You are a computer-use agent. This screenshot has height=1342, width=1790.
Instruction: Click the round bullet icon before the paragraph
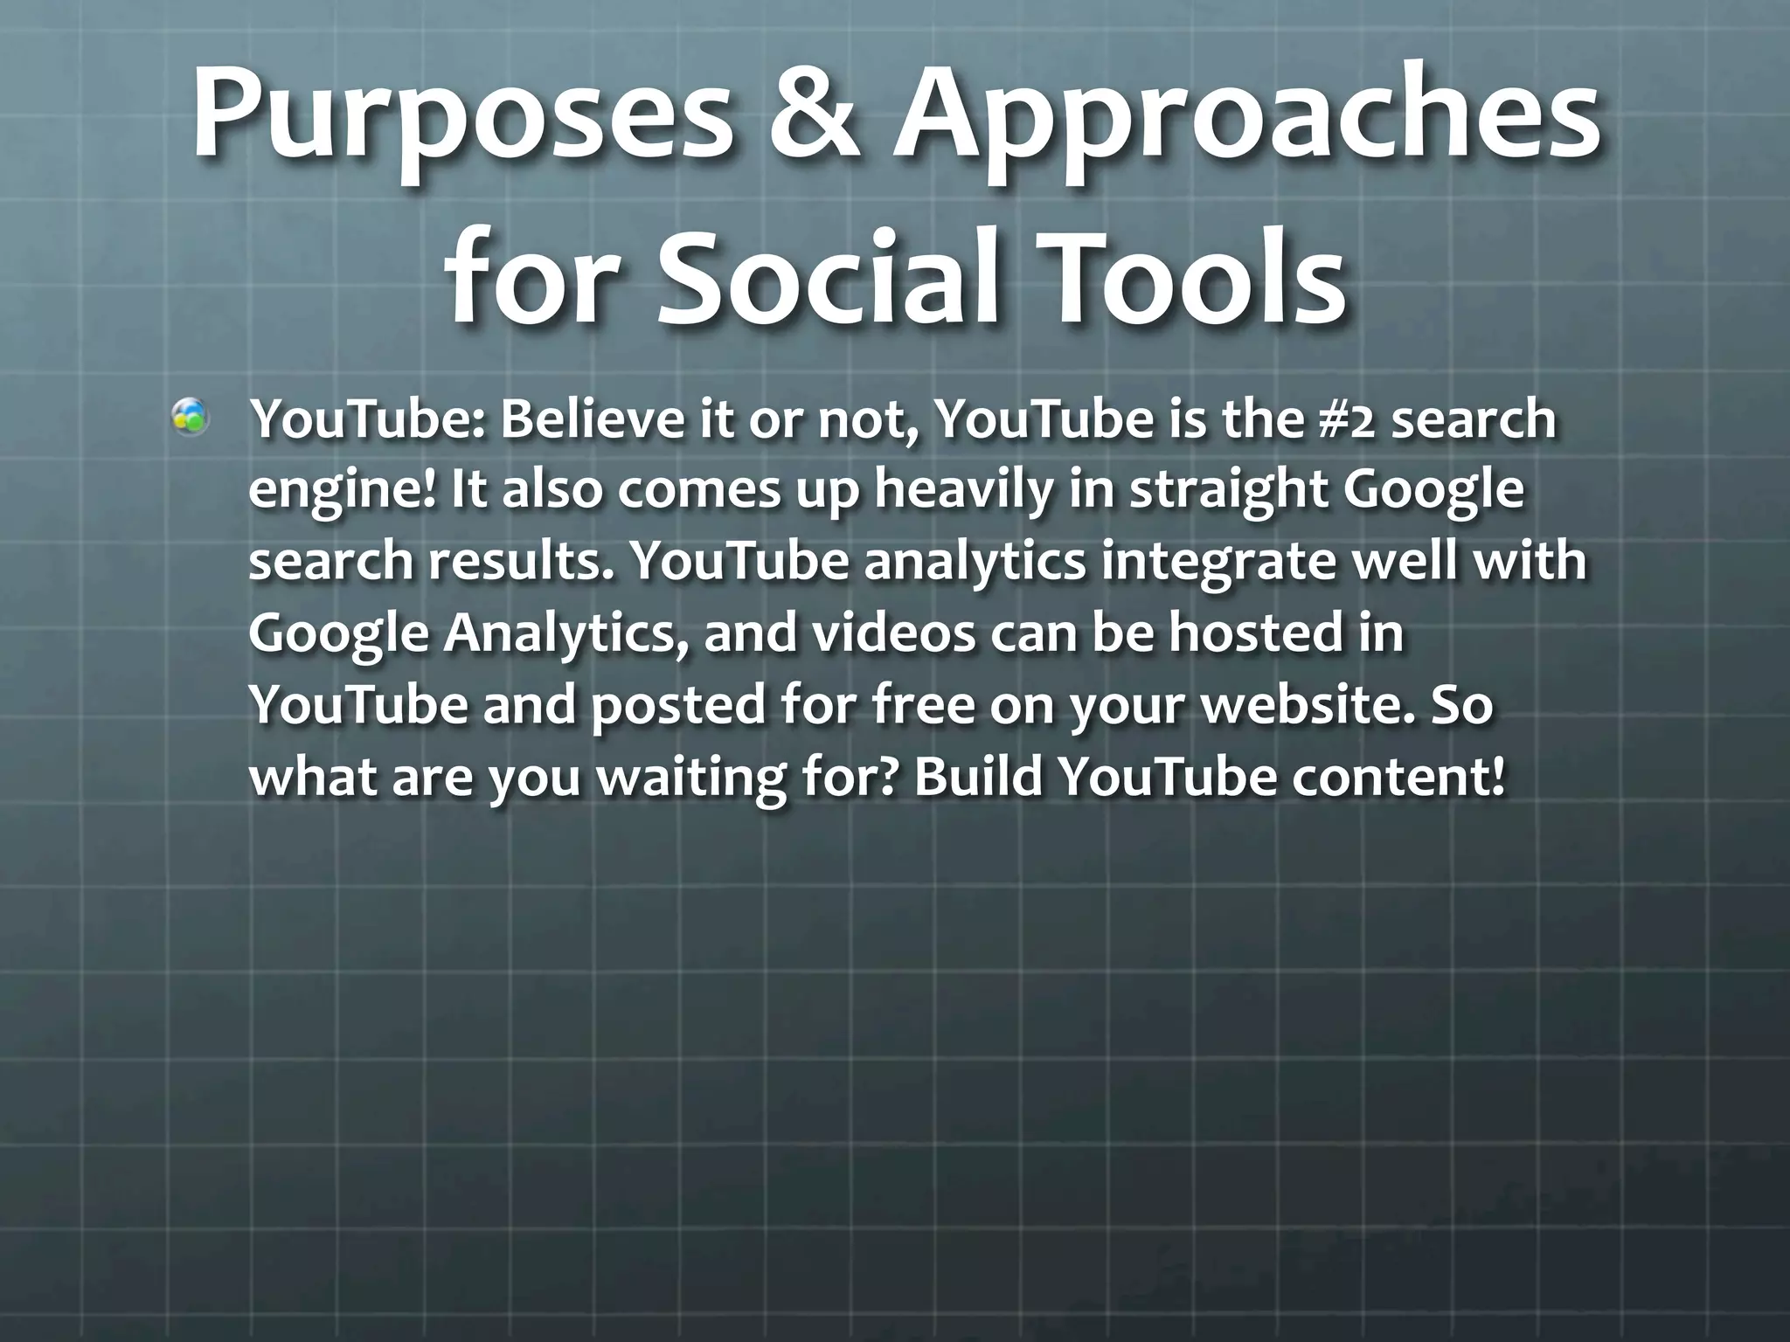[x=190, y=418]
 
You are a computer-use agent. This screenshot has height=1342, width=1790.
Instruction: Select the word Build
[x=978, y=775]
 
